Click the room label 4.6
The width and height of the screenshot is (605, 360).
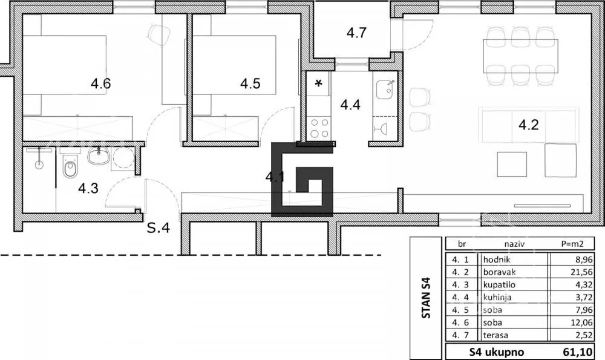(100, 83)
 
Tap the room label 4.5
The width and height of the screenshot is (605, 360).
(250, 83)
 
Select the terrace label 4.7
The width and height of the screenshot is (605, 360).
(356, 33)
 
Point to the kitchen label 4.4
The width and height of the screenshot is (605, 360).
(350, 105)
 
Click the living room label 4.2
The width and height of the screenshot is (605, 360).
(529, 125)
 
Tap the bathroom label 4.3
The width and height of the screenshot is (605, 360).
(88, 188)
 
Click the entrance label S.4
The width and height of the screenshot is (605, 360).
(159, 227)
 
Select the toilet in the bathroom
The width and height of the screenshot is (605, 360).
(70, 166)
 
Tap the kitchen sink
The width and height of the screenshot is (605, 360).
(386, 89)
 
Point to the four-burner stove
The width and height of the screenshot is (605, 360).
(319, 128)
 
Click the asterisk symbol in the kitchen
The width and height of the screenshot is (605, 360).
(319, 83)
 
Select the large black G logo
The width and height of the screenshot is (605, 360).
(302, 180)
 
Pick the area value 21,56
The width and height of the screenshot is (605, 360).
(581, 272)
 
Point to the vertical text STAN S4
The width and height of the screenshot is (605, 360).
(426, 299)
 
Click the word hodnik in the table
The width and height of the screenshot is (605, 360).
(497, 260)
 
